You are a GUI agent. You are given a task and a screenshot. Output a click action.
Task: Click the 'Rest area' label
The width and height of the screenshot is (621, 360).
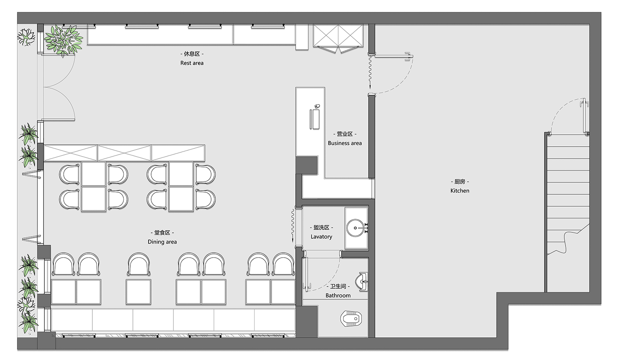pos(192,63)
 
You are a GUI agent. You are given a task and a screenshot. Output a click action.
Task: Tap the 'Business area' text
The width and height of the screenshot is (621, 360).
pos(344,143)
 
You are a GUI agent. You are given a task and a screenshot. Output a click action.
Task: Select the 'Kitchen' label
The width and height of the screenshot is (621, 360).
pos(460,191)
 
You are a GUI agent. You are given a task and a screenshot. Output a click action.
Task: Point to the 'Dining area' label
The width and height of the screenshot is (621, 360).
pos(162,242)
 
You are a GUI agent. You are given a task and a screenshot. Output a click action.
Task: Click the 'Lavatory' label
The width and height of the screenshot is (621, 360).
pos(321,237)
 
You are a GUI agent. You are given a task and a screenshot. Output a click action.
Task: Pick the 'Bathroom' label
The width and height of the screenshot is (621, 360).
pos(338,295)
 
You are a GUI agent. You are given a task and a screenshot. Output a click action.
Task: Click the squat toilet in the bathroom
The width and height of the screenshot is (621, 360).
pos(351,319)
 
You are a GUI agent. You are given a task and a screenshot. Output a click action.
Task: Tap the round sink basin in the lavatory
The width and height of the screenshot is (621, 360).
pos(355,228)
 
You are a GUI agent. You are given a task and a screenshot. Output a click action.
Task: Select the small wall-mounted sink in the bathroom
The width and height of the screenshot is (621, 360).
pos(363,282)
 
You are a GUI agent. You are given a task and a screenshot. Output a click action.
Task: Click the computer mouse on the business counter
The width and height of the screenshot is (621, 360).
pos(317,106)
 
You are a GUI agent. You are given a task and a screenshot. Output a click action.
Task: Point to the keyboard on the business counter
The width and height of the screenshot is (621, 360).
pos(315,119)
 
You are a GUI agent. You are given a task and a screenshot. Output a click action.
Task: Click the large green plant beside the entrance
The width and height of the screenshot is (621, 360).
pos(63,40)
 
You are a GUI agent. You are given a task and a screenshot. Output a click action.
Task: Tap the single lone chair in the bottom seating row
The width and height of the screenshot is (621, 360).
pos(139,264)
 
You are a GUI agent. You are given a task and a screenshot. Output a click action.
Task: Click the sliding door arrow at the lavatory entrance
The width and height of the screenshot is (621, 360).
pos(292,226)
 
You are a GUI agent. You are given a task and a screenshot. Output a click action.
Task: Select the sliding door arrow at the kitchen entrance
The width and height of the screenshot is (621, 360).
pos(370,72)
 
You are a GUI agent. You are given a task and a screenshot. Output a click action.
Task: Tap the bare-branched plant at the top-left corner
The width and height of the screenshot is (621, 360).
pos(26,36)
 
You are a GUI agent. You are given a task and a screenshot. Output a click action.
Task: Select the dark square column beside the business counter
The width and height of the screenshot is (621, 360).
pos(307,165)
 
